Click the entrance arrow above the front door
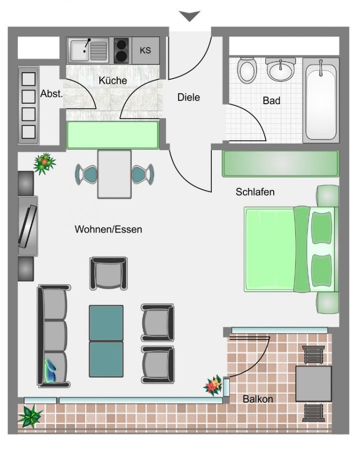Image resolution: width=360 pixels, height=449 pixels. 189,16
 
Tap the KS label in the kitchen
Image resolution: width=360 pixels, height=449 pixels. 146,50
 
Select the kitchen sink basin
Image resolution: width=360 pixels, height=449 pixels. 80,51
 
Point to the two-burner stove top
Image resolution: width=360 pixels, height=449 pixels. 121,50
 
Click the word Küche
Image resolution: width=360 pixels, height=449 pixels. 113,80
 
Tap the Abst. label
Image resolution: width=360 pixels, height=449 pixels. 51,94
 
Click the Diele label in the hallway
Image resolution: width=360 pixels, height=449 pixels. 188,97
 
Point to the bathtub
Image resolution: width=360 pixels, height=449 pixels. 321,100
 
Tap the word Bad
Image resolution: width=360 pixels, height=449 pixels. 271,101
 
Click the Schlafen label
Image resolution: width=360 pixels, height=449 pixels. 255,192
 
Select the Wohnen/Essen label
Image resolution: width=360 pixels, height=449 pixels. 108,229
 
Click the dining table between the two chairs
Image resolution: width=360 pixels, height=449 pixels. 115,174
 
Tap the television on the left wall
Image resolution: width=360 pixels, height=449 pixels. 28,226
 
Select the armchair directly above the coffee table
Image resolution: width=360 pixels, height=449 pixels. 109,273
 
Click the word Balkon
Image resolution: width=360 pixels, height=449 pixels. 258,399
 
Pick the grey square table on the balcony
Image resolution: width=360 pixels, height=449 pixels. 314,384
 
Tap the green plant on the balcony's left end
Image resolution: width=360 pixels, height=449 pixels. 30,417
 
